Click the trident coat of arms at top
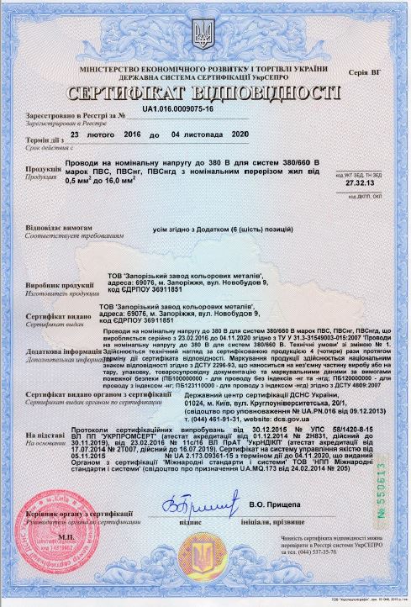click(x=204, y=34)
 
